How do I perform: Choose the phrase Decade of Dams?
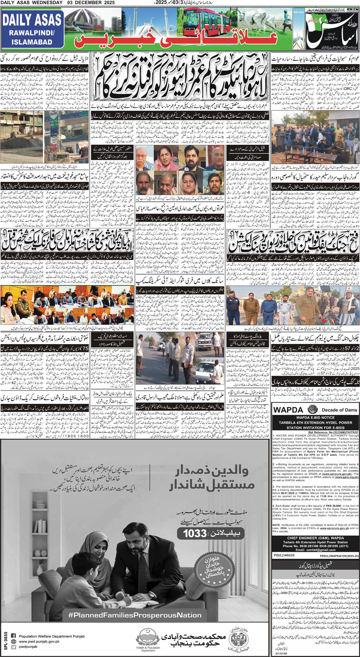[339, 410]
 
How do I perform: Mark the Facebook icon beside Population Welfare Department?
[13, 636]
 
